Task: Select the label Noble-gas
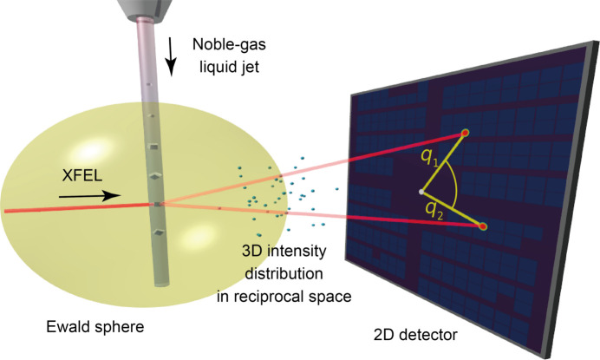pyautogui.click(x=246, y=44)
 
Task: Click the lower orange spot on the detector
pyautogui.click(x=483, y=226)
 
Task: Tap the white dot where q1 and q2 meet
pyautogui.click(x=421, y=190)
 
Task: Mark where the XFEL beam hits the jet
pyautogui.click(x=158, y=204)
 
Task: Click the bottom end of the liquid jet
pyautogui.click(x=161, y=281)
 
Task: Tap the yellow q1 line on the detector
pyautogui.click(x=443, y=161)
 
